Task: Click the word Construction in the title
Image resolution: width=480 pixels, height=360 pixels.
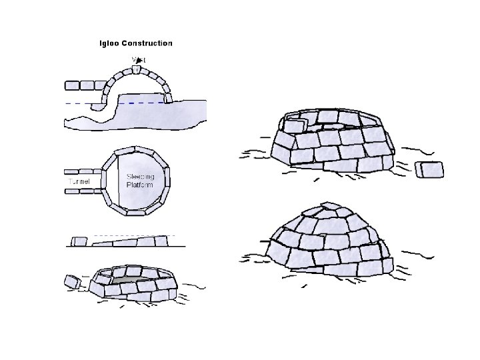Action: click(148, 43)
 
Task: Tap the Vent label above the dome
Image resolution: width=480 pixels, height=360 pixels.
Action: click(139, 60)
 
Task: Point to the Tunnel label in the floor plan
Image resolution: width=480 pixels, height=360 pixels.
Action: click(79, 181)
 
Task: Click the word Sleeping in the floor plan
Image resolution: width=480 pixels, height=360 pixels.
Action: click(140, 177)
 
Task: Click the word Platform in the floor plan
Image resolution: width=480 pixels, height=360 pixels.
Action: click(140, 185)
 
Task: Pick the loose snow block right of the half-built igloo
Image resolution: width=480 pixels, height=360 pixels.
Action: click(429, 169)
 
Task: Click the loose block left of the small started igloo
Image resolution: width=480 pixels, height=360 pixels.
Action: click(72, 282)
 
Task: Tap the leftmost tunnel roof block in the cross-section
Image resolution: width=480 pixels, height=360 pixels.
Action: click(72, 85)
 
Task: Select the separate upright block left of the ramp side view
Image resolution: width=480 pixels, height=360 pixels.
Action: click(79, 241)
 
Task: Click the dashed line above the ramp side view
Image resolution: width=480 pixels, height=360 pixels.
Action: click(133, 235)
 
